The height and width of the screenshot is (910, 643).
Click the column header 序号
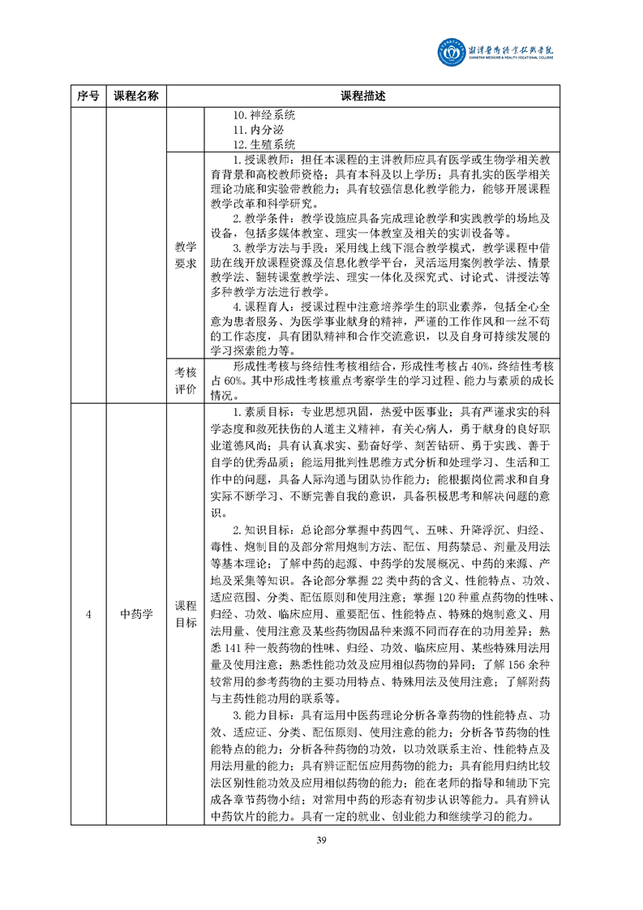click(88, 96)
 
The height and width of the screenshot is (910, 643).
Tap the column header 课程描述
click(362, 96)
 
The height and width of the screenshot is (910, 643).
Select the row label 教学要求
click(186, 255)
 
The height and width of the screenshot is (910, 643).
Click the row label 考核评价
click(186, 380)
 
